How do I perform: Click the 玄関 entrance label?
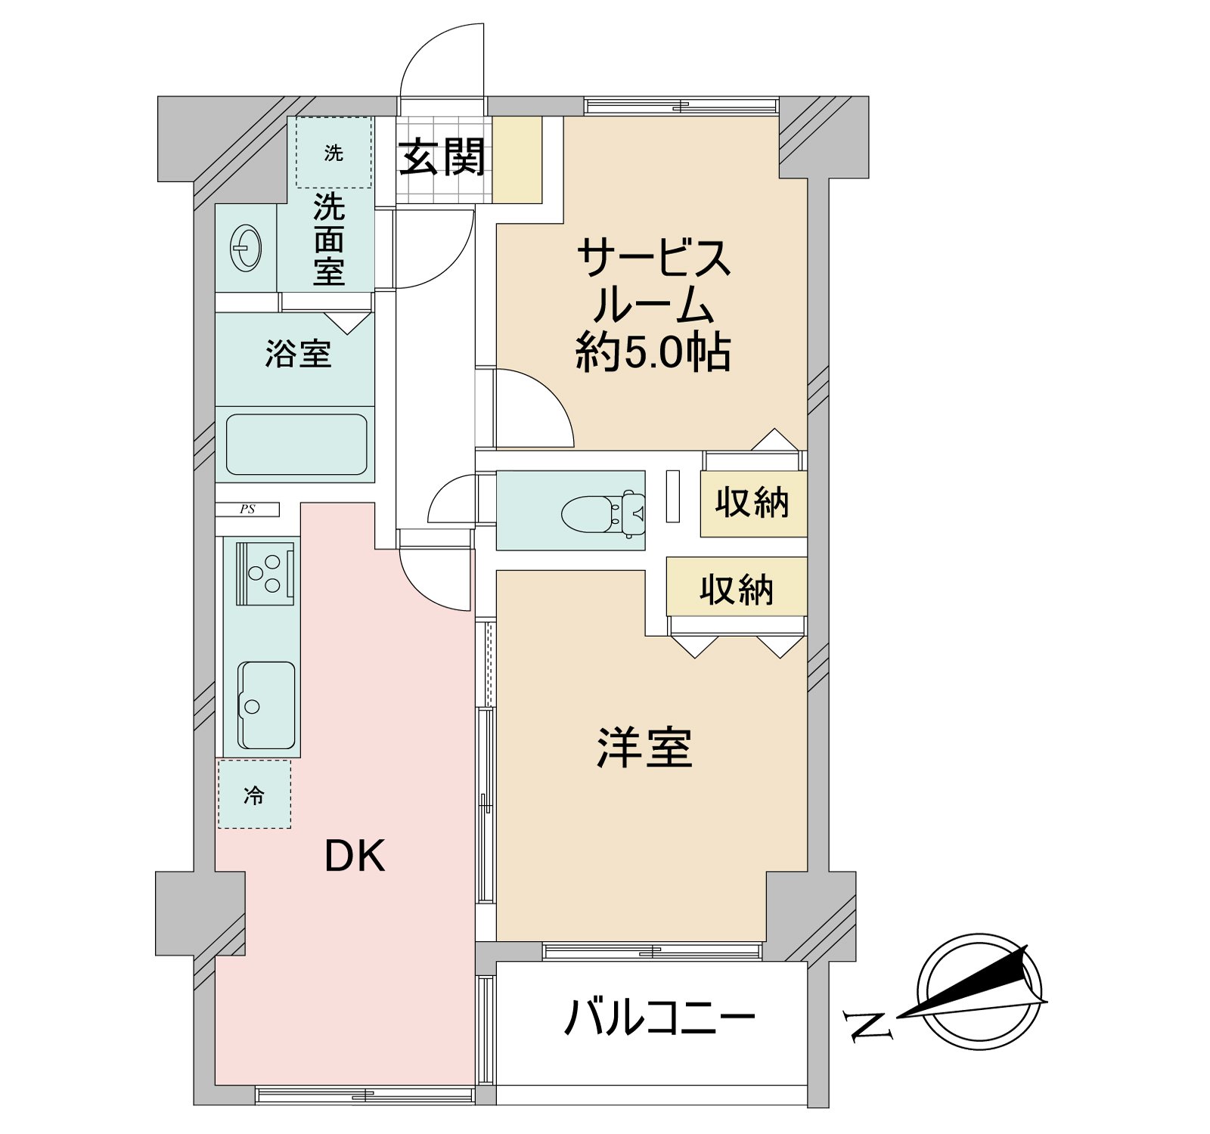[x=442, y=157]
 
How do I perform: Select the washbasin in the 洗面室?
[x=247, y=247]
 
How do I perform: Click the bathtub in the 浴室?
[x=296, y=445]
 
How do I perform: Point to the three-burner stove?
[x=265, y=573]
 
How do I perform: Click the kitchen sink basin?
[x=267, y=705]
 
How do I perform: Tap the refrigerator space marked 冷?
[x=254, y=795]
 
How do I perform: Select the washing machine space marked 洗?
[x=334, y=153]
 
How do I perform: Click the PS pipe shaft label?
[x=247, y=510]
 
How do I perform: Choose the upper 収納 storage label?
[x=752, y=503]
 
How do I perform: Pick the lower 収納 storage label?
[x=737, y=590]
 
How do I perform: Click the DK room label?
[x=355, y=857]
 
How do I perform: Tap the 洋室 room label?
[x=644, y=748]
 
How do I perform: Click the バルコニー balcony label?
[x=660, y=1017]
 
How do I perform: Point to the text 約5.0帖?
[x=653, y=352]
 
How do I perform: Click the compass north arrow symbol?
[x=979, y=991]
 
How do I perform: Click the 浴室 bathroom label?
[x=299, y=353]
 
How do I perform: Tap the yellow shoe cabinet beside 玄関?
[x=517, y=160]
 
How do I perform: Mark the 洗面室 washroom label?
[x=330, y=239]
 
